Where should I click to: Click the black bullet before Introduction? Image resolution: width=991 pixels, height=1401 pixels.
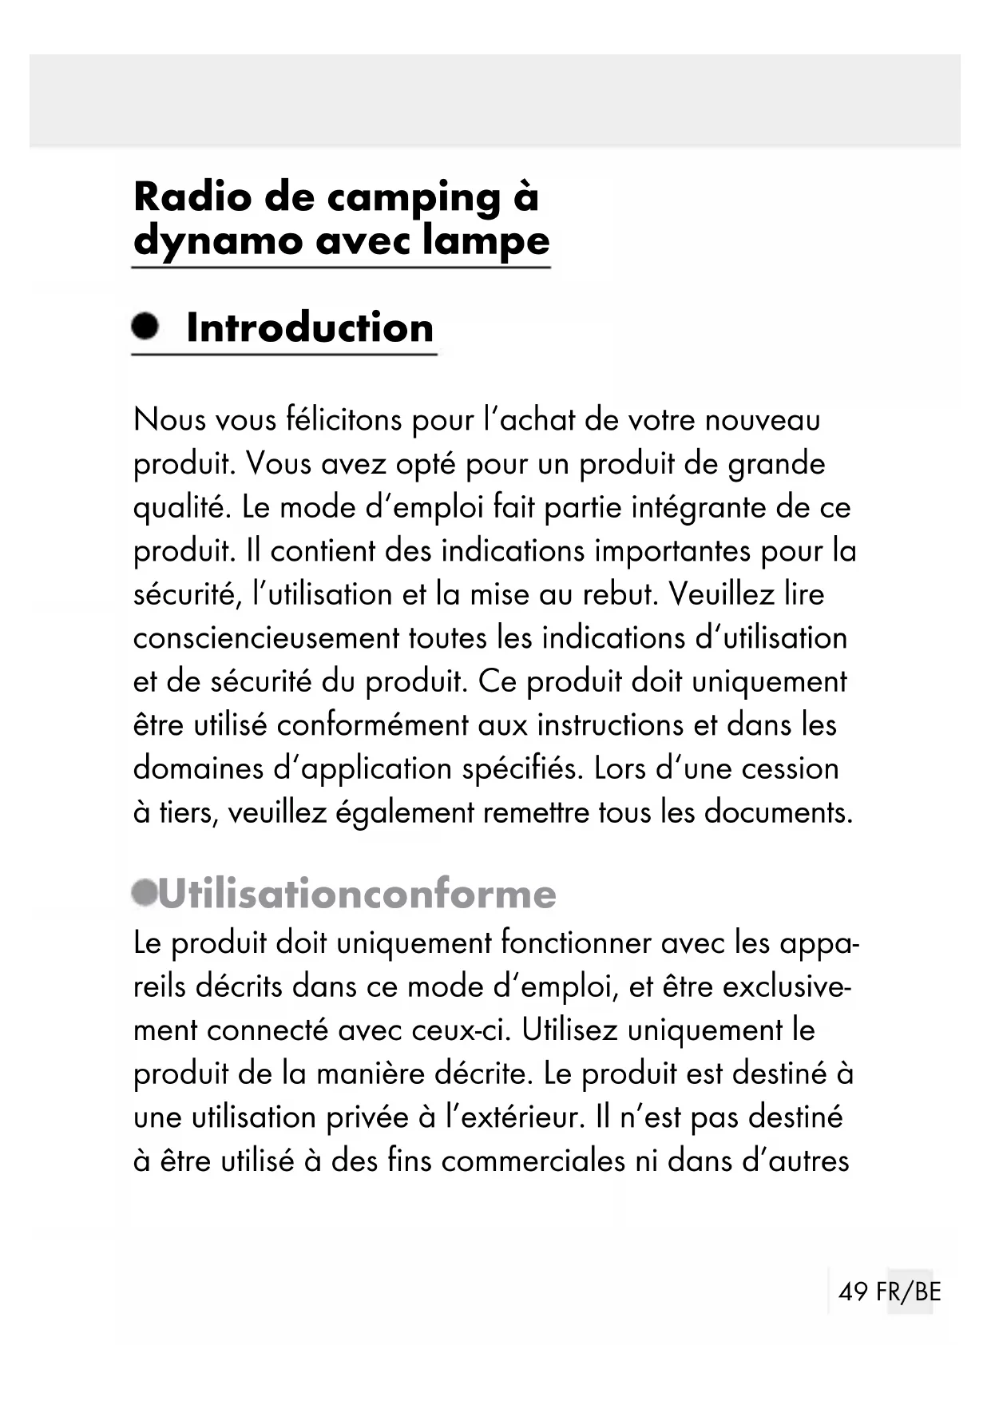tap(145, 326)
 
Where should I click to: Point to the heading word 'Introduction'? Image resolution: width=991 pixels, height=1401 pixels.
tap(309, 327)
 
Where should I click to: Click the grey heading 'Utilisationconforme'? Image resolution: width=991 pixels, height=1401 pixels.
tap(357, 894)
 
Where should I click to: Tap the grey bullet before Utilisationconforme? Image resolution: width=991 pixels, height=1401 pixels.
tap(145, 893)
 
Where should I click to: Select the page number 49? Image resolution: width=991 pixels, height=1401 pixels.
tap(853, 1292)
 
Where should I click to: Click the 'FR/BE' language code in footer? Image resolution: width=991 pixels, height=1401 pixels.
tap(909, 1292)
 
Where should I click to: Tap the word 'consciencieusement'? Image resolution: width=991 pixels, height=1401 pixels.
tap(266, 638)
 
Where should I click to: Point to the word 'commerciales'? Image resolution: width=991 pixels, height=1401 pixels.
tap(533, 1161)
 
